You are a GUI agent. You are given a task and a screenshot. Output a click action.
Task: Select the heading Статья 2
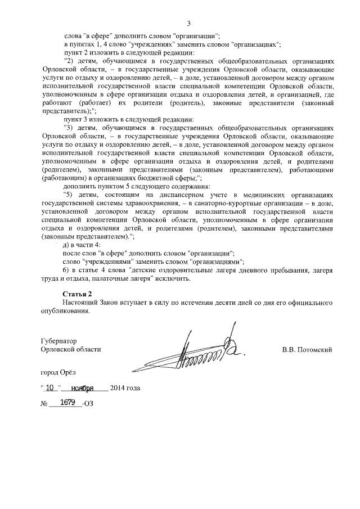point(77,294)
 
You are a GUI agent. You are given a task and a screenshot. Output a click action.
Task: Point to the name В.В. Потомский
point(307,349)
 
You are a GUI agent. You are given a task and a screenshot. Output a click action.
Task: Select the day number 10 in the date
point(51,388)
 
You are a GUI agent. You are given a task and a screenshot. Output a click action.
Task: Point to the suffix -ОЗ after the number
point(89,404)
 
